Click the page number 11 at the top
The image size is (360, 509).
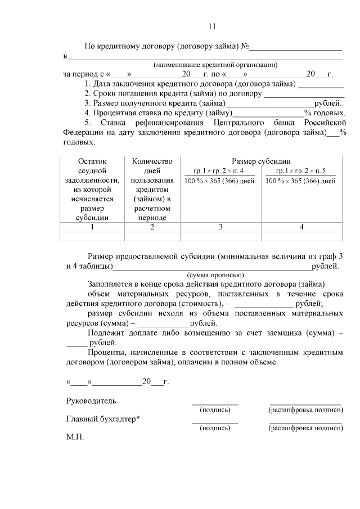click(x=211, y=26)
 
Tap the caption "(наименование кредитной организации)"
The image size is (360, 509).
click(x=215, y=65)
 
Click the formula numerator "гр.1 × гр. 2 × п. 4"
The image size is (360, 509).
click(x=219, y=171)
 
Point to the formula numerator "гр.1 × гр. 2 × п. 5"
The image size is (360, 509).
click(x=301, y=171)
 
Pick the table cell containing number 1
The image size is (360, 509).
click(x=92, y=227)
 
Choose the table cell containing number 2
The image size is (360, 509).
click(x=152, y=227)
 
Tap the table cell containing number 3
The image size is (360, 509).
click(x=220, y=227)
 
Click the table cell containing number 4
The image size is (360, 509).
click(x=301, y=227)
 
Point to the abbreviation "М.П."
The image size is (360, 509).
click(x=75, y=436)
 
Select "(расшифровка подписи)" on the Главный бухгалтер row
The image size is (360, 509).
click(x=305, y=428)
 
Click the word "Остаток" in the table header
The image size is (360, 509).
click(x=92, y=161)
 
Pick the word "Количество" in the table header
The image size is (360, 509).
click(x=152, y=161)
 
